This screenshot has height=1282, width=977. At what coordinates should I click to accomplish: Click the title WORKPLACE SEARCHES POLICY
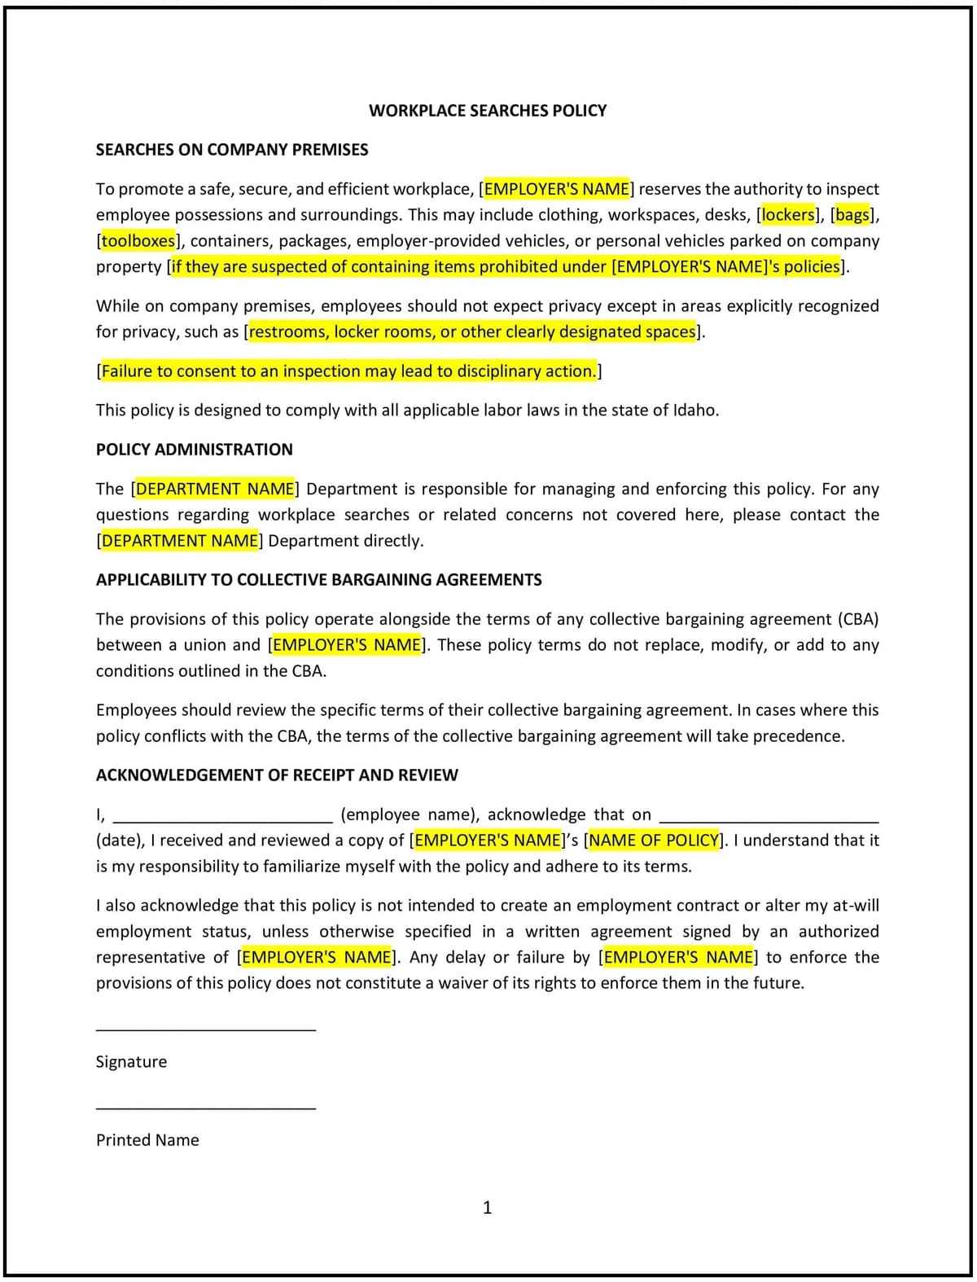488,111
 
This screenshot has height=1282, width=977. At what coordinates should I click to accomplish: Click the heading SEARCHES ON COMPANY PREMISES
232,150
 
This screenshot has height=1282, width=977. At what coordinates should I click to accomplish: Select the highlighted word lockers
787,215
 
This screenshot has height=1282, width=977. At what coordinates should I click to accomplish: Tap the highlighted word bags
852,215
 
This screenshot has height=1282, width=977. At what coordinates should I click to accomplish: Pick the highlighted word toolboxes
138,241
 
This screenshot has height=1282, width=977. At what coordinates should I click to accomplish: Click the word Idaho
694,411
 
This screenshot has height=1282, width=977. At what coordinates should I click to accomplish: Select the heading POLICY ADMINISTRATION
194,450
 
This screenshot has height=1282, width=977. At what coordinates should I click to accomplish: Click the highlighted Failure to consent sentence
348,371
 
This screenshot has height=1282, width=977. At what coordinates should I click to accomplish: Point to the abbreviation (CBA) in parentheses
857,619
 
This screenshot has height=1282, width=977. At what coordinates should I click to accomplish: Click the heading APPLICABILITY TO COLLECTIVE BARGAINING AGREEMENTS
318,580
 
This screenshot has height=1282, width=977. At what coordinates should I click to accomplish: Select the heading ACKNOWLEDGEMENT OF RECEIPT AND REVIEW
277,775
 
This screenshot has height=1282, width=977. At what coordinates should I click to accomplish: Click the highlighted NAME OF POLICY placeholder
655,841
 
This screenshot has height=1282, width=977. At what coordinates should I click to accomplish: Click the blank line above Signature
205,1029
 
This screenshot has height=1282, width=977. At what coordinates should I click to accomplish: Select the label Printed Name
147,1140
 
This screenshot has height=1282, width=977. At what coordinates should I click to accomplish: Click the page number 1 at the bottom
488,1208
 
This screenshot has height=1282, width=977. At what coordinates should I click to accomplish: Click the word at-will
855,906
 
